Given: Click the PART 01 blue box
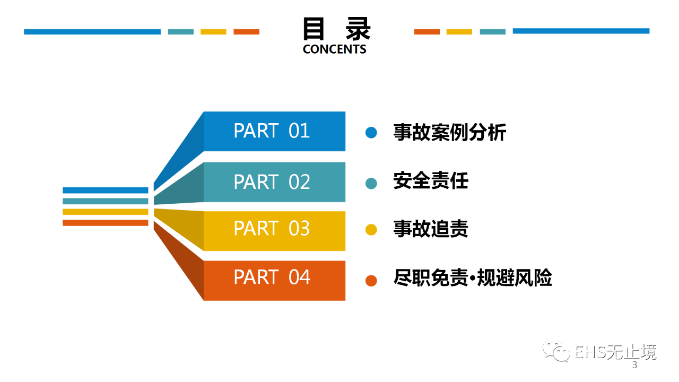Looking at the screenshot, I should [274, 131].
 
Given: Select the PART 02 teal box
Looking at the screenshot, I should [274, 182].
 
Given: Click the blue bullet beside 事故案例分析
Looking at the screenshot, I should [371, 133].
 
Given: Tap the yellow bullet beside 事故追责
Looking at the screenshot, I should [371, 230].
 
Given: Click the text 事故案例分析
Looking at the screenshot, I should [449, 132].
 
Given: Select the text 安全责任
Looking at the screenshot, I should [431, 181].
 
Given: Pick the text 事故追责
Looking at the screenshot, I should [431, 229].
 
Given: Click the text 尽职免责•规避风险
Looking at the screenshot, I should [473, 277].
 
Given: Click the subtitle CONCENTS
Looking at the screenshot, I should [334, 49].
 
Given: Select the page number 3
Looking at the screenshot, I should [634, 366].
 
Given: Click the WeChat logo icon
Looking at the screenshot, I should [555, 351].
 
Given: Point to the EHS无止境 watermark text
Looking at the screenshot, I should [615, 352].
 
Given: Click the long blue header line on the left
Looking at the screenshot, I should [92, 32].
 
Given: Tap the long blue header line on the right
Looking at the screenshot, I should [581, 31].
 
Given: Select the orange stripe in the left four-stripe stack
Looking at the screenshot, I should [105, 223].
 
